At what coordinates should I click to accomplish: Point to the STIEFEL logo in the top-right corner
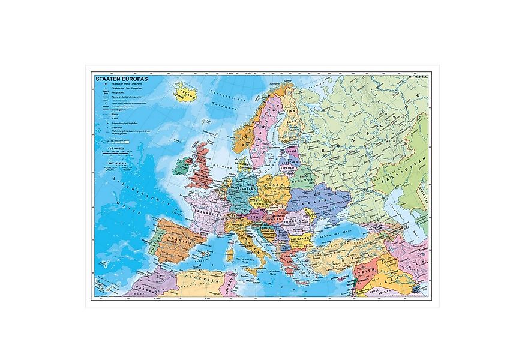[416, 77]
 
